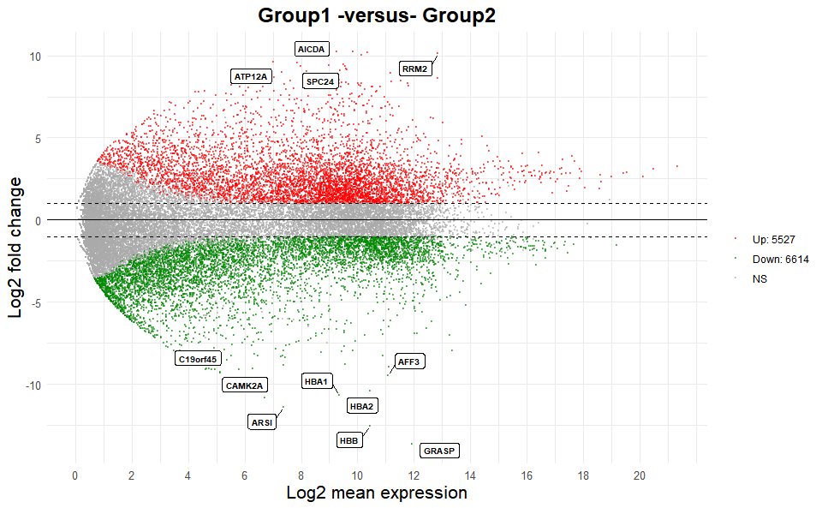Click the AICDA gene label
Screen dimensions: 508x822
pos(311,50)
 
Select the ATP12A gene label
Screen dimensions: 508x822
pos(251,76)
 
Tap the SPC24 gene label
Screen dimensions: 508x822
pos(321,81)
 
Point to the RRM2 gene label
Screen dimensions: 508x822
pos(414,69)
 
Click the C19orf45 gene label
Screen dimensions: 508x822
pos(197,359)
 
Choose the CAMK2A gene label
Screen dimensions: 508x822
pos(246,385)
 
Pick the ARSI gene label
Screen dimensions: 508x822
pos(261,422)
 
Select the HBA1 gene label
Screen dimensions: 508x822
pos(316,380)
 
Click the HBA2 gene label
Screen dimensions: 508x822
pos(361,405)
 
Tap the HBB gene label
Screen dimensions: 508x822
pos(348,440)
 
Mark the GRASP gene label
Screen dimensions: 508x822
pos(440,450)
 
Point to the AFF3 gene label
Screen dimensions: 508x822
pos(408,362)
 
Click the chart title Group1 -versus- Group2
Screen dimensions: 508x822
pos(377,15)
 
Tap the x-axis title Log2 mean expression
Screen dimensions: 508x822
pos(377,493)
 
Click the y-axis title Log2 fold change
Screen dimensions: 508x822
pos(16,247)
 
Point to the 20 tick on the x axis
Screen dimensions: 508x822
pos(640,476)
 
